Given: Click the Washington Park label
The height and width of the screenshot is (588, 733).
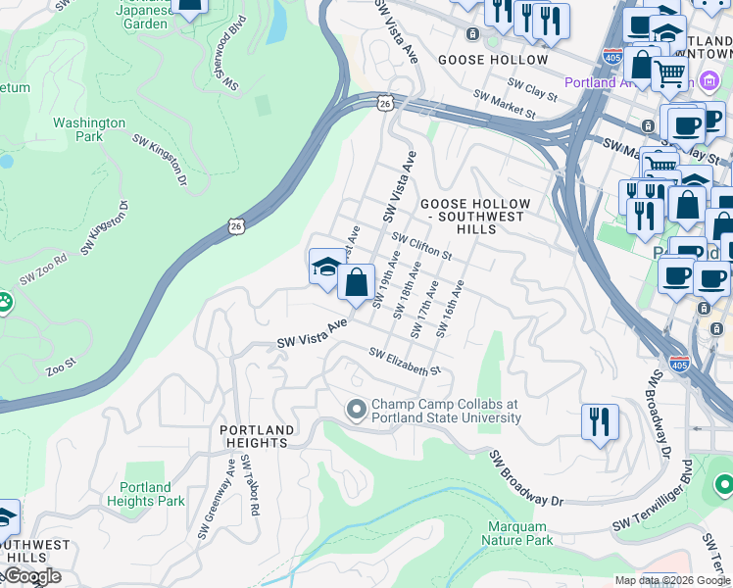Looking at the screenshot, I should pyautogui.click(x=89, y=129).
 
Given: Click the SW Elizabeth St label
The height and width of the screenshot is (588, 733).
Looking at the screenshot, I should pyautogui.click(x=406, y=363).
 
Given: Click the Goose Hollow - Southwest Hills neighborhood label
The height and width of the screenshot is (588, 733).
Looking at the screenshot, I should pyautogui.click(x=475, y=216).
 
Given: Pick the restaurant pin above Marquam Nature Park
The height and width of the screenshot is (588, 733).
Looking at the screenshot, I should pyautogui.click(x=600, y=421).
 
